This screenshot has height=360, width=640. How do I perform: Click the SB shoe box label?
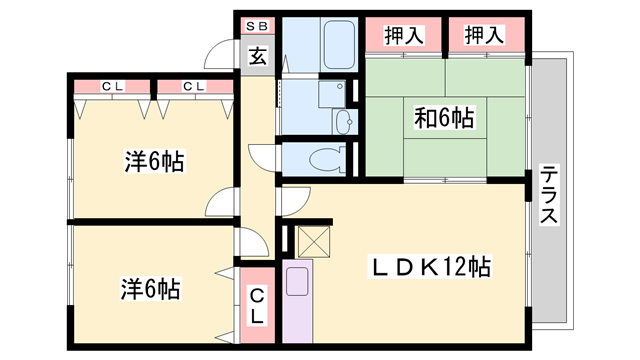tap(257, 24)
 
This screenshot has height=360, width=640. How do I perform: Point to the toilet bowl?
tap(323, 158)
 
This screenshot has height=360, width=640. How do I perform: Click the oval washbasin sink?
tap(344, 121)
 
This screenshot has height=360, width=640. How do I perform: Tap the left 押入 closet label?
tap(403, 36)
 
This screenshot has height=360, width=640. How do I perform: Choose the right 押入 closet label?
tap(484, 36)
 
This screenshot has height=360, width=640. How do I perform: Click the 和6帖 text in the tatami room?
tap(444, 117)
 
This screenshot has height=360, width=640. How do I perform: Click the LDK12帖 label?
tap(431, 268)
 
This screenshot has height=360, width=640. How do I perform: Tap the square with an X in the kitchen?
tap(313, 241)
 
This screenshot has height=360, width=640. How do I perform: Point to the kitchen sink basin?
tap(298, 281)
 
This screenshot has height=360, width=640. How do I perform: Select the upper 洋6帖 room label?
tap(153, 160)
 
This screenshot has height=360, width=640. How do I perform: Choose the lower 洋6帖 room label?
tap(150, 290)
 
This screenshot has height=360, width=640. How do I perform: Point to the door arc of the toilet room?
tap(262, 158)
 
